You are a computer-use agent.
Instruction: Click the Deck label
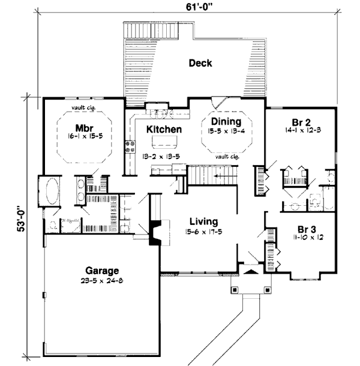coord(200,63)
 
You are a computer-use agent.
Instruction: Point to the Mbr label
coord(83,127)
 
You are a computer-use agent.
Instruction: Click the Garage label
coord(101,270)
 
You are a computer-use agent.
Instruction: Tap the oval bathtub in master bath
coord(49,191)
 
